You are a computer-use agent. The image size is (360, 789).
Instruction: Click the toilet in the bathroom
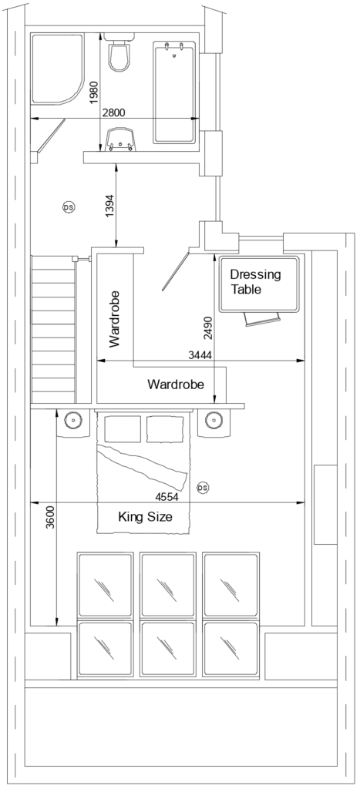point(119,54)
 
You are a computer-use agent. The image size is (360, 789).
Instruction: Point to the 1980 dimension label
point(94,92)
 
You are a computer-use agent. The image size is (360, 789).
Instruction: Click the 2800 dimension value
point(113,112)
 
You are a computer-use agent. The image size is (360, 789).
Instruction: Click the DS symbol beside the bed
point(203,488)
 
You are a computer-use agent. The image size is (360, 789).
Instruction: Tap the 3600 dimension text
point(50,516)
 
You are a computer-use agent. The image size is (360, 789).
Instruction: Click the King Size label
point(144,517)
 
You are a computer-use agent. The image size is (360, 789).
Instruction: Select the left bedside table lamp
point(72,421)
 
